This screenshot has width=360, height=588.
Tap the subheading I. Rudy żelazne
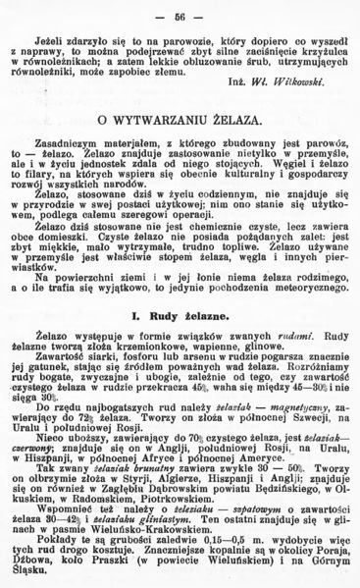(x=180, y=316)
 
